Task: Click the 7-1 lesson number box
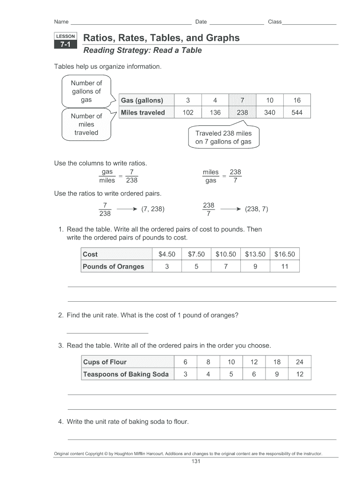click(x=65, y=45)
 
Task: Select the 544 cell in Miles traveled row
click(x=296, y=112)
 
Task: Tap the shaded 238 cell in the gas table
click(x=242, y=112)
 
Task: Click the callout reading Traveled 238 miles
click(x=223, y=137)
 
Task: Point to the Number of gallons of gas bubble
click(x=86, y=91)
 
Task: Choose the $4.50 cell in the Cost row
click(x=166, y=254)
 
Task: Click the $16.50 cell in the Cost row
click(x=285, y=254)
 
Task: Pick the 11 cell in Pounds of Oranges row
click(x=285, y=267)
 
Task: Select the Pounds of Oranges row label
click(x=113, y=267)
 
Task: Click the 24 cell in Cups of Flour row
click(x=300, y=362)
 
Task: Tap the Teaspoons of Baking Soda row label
click(x=126, y=374)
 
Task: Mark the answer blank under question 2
click(x=108, y=332)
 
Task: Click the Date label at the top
click(x=201, y=22)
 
